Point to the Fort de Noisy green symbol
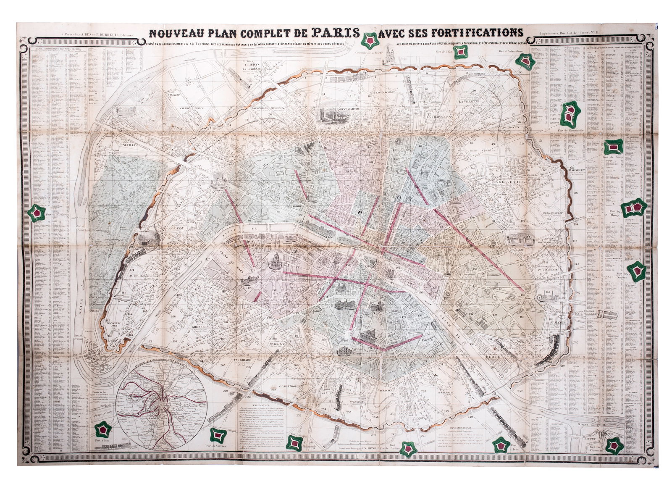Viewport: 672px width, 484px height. tap(613, 147)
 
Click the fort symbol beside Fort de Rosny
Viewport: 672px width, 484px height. tap(634, 208)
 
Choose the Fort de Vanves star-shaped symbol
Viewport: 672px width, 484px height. tap(218, 435)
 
